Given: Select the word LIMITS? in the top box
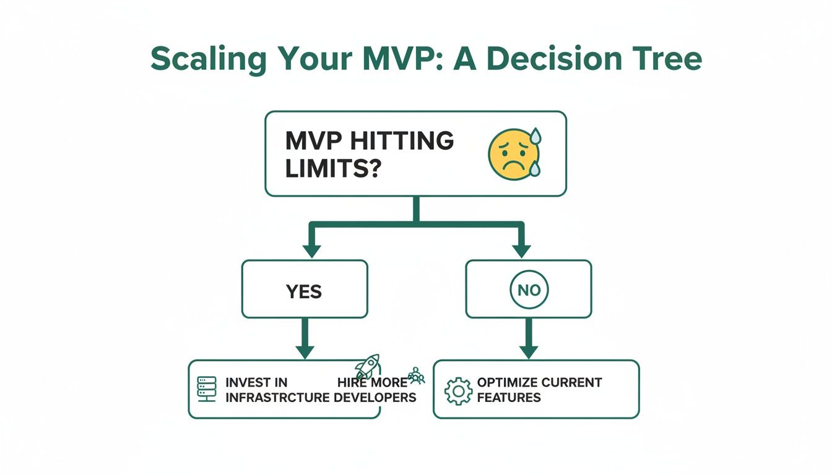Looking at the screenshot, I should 332,168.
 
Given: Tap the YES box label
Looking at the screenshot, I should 304,290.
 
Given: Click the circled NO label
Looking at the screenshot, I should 529,290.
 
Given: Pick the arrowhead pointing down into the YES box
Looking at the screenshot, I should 311,250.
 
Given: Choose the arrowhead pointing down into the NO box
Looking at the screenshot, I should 521,250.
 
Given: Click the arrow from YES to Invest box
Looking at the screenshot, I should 305,338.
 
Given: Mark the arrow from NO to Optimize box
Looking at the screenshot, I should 528,338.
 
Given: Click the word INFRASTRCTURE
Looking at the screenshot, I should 277,397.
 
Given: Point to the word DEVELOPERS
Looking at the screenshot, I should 375,397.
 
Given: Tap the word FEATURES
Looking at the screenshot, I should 509,397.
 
